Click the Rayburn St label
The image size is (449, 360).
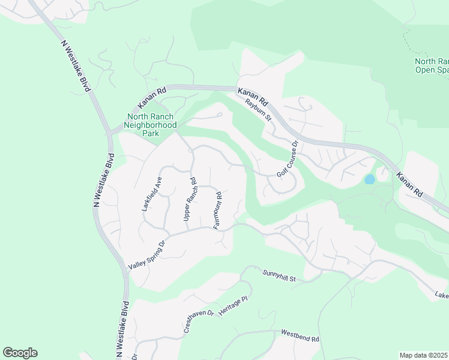pos(259,110)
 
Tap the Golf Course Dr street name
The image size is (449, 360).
pos(288,159)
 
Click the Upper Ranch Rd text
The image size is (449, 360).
pos(190,199)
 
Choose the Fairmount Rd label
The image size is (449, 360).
pos(218,210)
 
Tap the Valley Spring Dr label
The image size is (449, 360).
pos(146,256)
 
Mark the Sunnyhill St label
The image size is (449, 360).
pos(280,275)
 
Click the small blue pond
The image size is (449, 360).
pos(369,179)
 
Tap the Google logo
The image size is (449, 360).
pos(20,353)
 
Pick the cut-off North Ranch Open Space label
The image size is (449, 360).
pos(432,65)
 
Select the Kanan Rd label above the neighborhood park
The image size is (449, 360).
pos(152,94)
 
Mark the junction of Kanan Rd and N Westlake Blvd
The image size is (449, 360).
pos(110,133)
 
